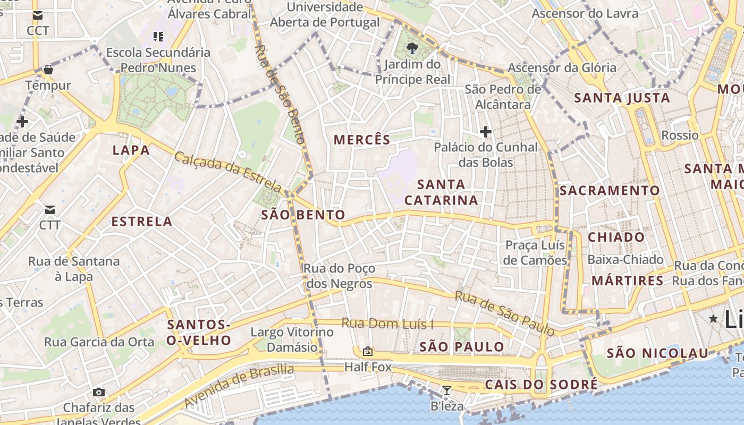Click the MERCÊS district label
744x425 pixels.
tap(362, 140)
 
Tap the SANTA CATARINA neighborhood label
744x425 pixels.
tap(441, 192)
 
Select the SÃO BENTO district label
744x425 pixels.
tap(303, 215)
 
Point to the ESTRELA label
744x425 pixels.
tap(141, 222)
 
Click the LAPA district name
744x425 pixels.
tap(131, 150)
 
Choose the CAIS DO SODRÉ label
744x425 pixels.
tap(541, 385)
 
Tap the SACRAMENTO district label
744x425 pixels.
tap(610, 190)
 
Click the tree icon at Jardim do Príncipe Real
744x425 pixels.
tap(412, 49)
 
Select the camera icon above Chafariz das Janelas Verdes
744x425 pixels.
tap(98, 392)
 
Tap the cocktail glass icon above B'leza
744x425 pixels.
tap(447, 390)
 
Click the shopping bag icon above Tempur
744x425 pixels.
tap(48, 70)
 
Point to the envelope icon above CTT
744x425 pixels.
tap(50, 210)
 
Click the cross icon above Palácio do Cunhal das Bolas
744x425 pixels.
tap(485, 132)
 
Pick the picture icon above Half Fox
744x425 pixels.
tap(367, 351)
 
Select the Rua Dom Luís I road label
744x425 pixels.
tap(387, 323)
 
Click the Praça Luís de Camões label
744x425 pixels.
tap(535, 252)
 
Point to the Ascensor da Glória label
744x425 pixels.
tap(562, 67)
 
